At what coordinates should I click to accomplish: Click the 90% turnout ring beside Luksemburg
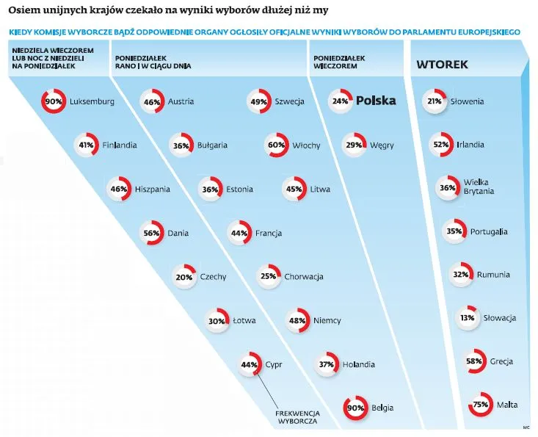(54, 101)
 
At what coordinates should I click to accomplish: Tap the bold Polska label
(375, 101)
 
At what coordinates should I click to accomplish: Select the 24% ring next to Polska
(340, 101)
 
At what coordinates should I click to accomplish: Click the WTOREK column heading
(442, 65)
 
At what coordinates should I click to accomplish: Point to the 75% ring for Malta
(481, 404)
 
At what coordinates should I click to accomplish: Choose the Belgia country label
(382, 408)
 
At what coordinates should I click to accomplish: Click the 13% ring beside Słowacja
(467, 318)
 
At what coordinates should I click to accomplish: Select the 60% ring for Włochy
(277, 145)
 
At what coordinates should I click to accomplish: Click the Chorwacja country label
(304, 277)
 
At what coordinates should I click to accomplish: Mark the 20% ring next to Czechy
(183, 277)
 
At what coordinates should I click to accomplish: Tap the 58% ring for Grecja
(473, 361)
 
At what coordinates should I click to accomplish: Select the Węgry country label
(382, 145)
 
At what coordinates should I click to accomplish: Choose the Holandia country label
(357, 364)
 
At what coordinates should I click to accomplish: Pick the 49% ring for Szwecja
(258, 101)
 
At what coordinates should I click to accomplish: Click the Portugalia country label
(488, 231)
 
